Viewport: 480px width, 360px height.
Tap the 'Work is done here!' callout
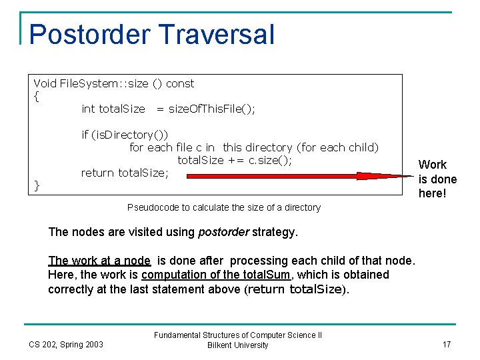pos(437,179)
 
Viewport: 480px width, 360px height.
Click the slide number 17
pos(447,344)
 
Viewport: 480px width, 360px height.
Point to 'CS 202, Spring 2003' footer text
pos(66,344)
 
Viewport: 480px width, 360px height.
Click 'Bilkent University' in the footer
pos(238,345)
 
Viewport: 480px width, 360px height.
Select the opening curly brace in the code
pos(37,96)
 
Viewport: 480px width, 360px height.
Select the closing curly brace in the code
pos(37,186)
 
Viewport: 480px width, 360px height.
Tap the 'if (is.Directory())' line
pos(125,135)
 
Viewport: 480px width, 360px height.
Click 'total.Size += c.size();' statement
pos(235,160)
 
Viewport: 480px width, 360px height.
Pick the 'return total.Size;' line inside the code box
pos(125,173)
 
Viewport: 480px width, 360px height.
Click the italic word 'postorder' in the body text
pos(223,233)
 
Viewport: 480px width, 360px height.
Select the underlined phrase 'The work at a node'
pos(99,261)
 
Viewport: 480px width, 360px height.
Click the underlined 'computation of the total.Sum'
pos(217,275)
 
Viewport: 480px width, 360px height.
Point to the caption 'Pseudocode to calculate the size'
pos(223,207)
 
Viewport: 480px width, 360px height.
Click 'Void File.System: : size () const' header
pos(114,83)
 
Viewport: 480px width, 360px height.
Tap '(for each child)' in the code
pos(337,147)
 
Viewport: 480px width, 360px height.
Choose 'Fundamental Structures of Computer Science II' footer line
pos(238,335)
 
